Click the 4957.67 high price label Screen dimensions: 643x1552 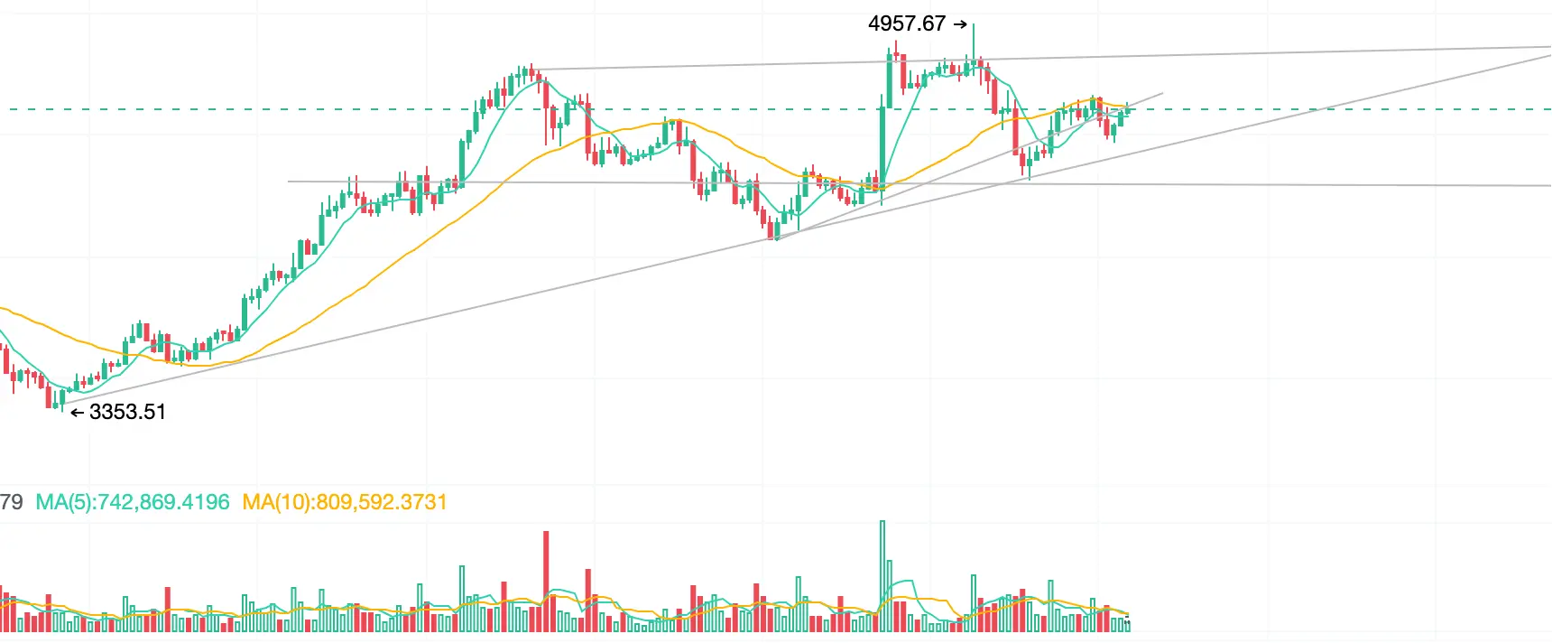(x=906, y=24)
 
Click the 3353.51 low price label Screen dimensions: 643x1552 (x=127, y=413)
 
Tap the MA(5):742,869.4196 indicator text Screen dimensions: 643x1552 (x=133, y=502)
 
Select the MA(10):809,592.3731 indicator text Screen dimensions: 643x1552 (x=345, y=502)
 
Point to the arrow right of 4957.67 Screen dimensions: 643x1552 (x=960, y=25)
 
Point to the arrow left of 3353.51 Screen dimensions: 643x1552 (x=78, y=414)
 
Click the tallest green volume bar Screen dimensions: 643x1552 (x=882, y=575)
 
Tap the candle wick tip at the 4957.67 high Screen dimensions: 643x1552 (x=974, y=23)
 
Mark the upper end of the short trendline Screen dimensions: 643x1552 (x=1162, y=93)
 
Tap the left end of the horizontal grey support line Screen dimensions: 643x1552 (x=289, y=182)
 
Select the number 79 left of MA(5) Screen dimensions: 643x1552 (x=11, y=502)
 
